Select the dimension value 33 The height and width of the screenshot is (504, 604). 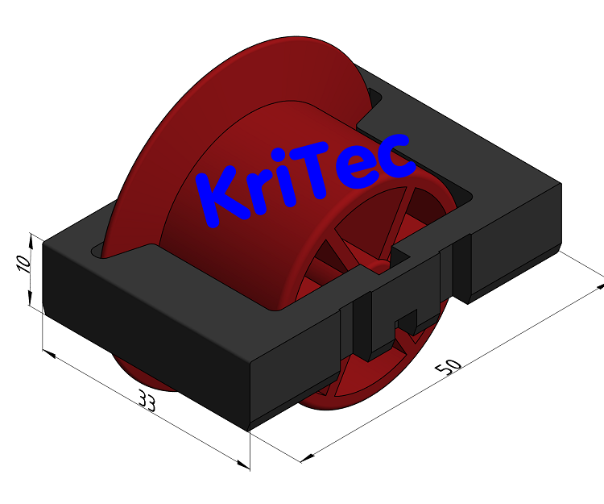point(147,400)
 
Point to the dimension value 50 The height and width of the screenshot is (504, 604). point(449,365)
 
